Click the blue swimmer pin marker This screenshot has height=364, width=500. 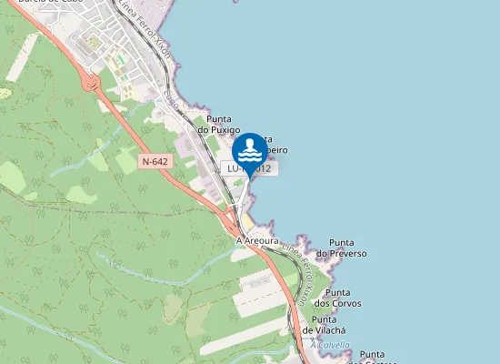point(250,151)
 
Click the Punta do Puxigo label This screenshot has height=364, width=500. point(219,125)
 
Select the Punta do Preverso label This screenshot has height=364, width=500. point(347,248)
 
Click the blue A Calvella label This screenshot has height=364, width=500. point(330,345)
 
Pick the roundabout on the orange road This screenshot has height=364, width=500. point(89,84)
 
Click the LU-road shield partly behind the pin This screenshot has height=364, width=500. point(248,169)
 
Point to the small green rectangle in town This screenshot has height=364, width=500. point(119,59)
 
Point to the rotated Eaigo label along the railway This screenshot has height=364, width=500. point(171,98)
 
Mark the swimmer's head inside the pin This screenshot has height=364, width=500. point(250,142)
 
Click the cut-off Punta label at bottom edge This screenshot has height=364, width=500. point(373,355)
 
